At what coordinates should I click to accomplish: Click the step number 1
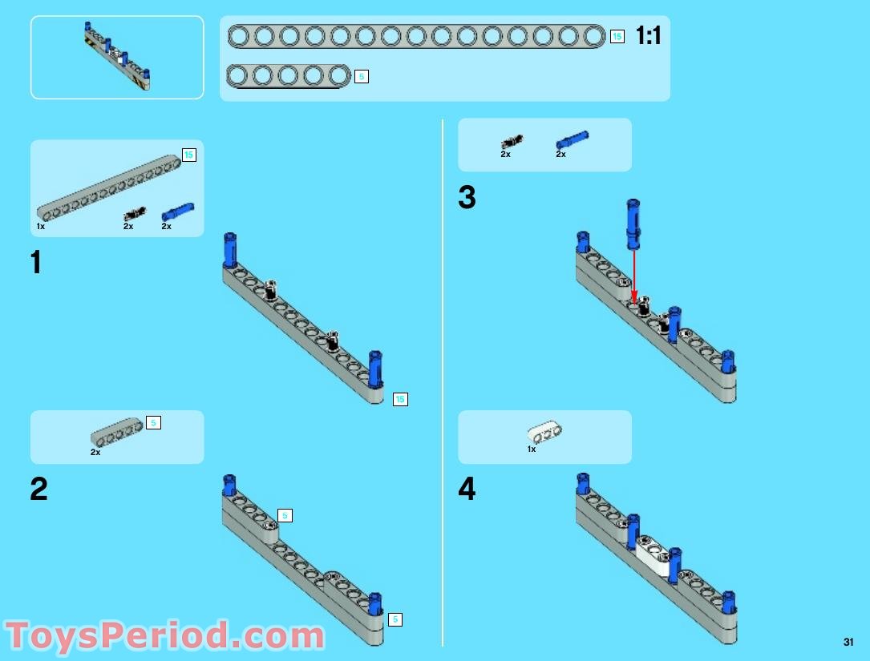click(36, 262)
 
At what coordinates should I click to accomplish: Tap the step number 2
click(38, 489)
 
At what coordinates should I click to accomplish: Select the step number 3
click(467, 197)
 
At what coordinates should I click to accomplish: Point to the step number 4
click(467, 489)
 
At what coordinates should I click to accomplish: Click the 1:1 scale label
click(648, 35)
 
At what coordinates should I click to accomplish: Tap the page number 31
click(848, 642)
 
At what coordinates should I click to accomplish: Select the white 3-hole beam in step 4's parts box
click(544, 432)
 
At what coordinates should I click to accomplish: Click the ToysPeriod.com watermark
click(165, 635)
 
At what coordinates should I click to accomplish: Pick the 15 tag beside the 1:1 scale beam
click(617, 37)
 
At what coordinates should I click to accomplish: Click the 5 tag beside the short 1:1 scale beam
click(361, 77)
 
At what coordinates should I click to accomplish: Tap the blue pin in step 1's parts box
click(177, 212)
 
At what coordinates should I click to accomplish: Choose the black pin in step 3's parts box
click(512, 142)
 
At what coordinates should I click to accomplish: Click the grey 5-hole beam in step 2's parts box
click(117, 432)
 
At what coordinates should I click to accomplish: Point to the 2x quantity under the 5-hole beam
click(95, 453)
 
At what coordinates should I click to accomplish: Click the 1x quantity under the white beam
click(532, 449)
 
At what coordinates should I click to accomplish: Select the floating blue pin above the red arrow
click(633, 224)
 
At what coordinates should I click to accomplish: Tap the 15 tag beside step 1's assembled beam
click(400, 399)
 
